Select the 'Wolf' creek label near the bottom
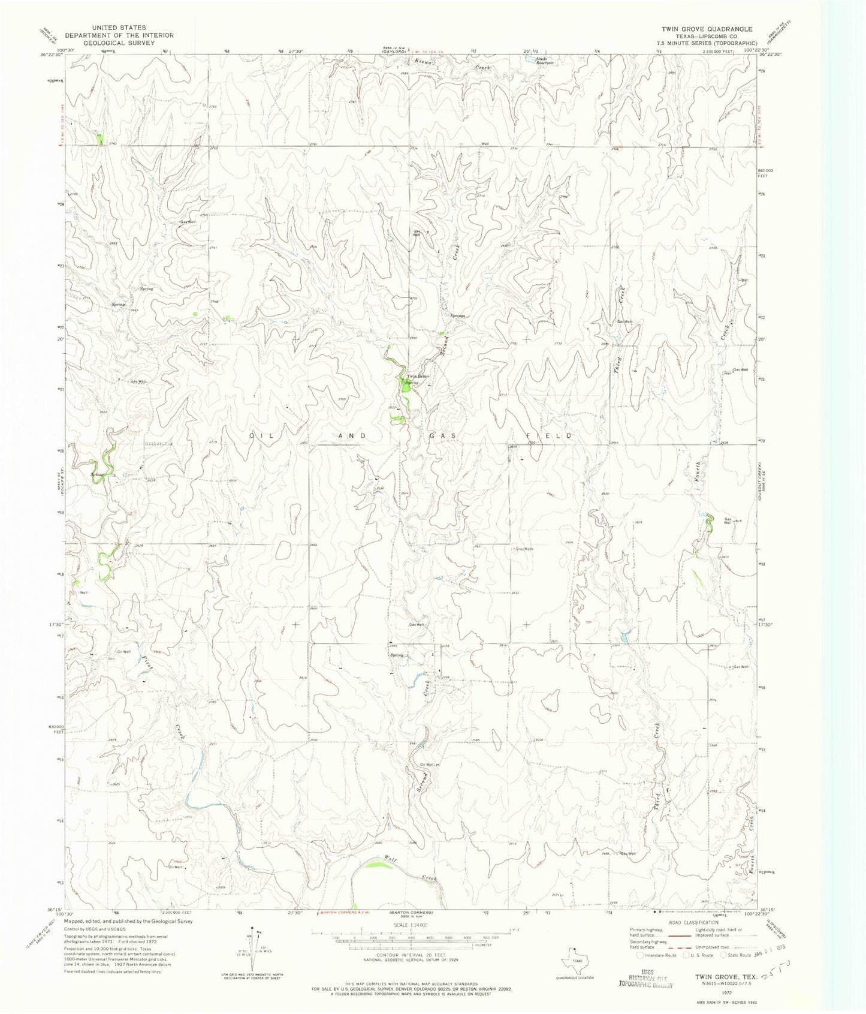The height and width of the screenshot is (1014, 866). [392, 859]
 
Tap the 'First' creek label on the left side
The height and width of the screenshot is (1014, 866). [147, 661]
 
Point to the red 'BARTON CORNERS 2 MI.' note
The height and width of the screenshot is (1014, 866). [344, 912]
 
